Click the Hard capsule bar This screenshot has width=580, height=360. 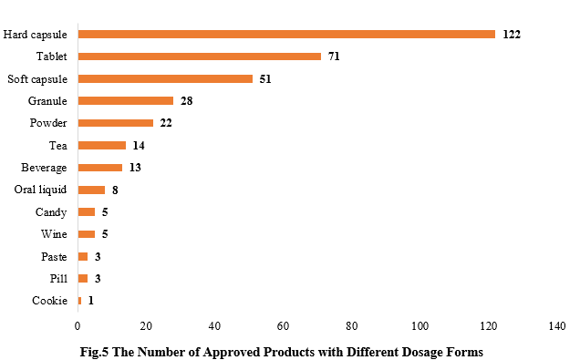(286, 34)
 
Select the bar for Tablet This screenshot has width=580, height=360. (199, 57)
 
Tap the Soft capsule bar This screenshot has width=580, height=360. (165, 78)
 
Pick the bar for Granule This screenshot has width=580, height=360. (125, 100)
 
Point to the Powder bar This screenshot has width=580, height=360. (115, 123)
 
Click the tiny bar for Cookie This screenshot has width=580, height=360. (79, 301)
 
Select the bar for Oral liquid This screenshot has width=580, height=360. (91, 190)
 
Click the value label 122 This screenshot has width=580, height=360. (511, 34)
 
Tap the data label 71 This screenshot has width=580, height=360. (335, 57)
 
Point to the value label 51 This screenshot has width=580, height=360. (264, 78)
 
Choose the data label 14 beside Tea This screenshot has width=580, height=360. (138, 145)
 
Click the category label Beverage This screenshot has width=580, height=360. (44, 168)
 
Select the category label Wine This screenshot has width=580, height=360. (54, 234)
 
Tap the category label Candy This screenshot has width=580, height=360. (51, 211)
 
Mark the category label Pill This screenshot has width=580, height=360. (57, 279)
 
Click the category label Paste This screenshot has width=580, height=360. (54, 256)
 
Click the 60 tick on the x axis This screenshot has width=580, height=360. (283, 325)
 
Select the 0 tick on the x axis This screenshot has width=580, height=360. (78, 325)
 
